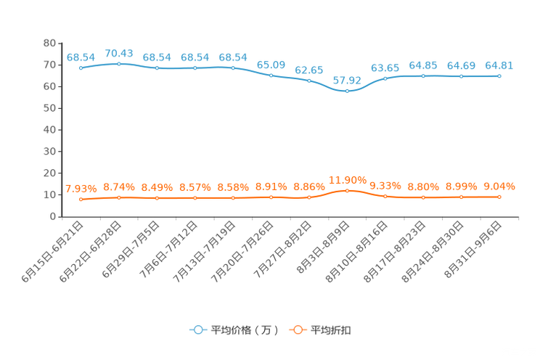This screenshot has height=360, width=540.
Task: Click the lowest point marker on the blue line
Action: pyautogui.click(x=347, y=91)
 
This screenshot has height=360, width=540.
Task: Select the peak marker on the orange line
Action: pyautogui.click(x=347, y=191)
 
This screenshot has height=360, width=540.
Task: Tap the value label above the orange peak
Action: pyautogui.click(x=347, y=179)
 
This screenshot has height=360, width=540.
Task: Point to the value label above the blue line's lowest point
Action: pyautogui.click(x=347, y=80)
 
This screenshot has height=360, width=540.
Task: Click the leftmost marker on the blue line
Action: pyautogui.click(x=81, y=67)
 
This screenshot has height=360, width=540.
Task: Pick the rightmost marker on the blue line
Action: pyautogui.click(x=499, y=75)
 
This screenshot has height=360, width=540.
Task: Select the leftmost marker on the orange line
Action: pyautogui.click(x=81, y=199)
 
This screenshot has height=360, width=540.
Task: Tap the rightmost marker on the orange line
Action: pyautogui.click(x=499, y=197)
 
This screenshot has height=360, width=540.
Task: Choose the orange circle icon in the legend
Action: pyautogui.click(x=297, y=330)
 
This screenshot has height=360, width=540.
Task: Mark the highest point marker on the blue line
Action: pyautogui.click(x=118, y=64)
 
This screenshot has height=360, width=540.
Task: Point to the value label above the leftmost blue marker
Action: pyautogui.click(x=81, y=57)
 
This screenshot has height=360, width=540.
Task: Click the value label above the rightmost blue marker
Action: pyautogui.click(x=499, y=65)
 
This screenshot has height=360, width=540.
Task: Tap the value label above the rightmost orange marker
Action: pyautogui.click(x=499, y=187)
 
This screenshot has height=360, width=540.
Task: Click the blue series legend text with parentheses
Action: pyautogui.click(x=245, y=330)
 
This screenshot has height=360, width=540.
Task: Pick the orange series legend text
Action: pyautogui.click(x=332, y=330)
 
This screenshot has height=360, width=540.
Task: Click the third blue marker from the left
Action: pyautogui.click(x=157, y=68)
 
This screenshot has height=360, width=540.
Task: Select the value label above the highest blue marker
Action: pyautogui.click(x=118, y=53)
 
